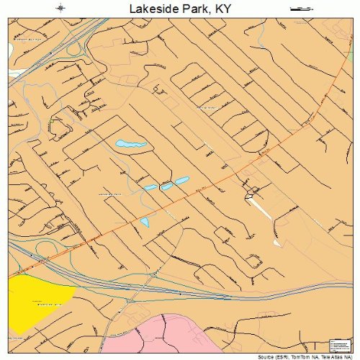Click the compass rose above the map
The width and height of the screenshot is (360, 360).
pyautogui.click(x=61, y=8)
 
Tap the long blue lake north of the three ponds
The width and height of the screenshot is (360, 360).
pyautogui.click(x=131, y=145)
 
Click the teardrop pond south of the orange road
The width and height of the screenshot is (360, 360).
pyautogui.click(x=145, y=222)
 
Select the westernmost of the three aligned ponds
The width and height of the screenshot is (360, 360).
pyautogui.click(x=150, y=189)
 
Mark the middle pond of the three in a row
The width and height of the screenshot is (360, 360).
pyautogui.click(x=166, y=186)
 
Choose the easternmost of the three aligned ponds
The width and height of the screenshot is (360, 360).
pyautogui.click(x=182, y=180)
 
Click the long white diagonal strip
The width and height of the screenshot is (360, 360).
pyautogui.click(x=261, y=208)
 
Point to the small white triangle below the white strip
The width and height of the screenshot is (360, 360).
pyautogui.click(x=277, y=243)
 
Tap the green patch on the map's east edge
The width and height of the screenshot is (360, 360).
pyautogui.click(x=349, y=216)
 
